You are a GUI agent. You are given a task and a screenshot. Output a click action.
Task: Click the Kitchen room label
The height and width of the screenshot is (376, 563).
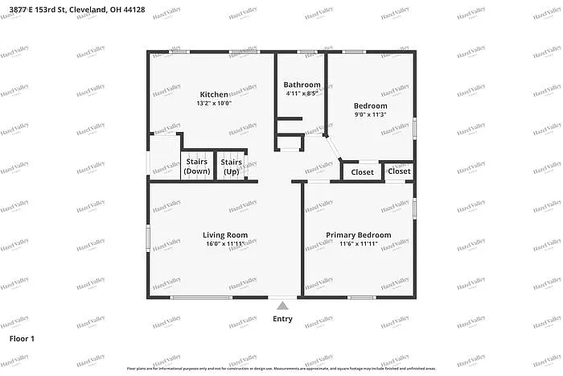point(213,94)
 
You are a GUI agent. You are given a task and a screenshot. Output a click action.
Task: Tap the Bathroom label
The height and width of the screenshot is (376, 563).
point(302,85)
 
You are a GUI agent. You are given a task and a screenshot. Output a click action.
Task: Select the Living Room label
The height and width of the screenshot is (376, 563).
point(224,235)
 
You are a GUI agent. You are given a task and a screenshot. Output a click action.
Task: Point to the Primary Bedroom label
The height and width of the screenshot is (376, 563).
point(358,235)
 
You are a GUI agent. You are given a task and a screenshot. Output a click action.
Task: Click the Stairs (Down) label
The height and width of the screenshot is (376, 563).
point(197,167)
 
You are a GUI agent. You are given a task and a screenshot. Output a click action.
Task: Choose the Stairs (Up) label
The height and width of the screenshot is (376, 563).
point(231,167)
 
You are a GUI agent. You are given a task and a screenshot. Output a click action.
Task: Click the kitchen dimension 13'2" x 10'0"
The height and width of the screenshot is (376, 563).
point(213,104)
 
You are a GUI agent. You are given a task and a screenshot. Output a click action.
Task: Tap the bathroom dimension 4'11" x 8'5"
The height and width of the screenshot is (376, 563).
point(302,94)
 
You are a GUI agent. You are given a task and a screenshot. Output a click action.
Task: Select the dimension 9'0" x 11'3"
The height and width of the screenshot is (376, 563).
point(370,115)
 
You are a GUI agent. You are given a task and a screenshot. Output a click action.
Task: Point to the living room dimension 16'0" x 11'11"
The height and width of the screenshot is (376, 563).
point(224,244)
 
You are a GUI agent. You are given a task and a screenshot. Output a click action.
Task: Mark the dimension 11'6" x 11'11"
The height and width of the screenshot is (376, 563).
point(358,244)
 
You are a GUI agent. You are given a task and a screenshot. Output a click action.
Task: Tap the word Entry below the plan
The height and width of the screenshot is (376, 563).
point(282,319)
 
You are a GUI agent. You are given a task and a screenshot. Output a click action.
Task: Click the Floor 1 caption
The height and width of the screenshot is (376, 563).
point(22,339)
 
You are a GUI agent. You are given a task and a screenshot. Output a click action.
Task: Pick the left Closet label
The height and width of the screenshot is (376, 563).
point(362,172)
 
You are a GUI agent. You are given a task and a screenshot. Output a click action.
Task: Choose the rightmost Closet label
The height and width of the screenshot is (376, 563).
point(399,171)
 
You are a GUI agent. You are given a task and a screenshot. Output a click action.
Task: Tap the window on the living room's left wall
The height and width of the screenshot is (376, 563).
point(148,238)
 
